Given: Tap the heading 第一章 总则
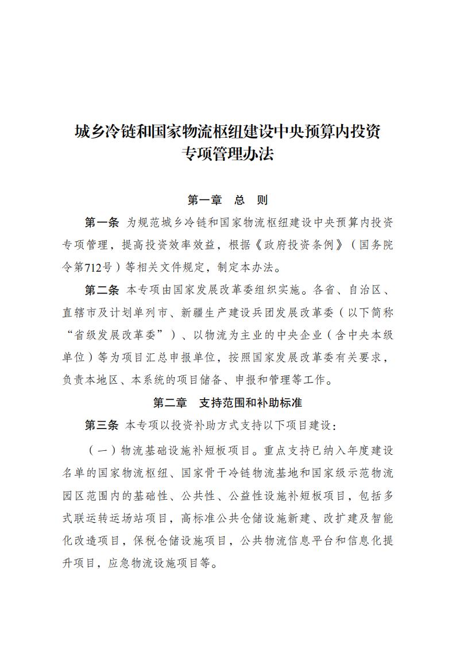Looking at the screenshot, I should pyautogui.click(x=227, y=200).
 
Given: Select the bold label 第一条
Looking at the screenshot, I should pyautogui.click(x=102, y=222).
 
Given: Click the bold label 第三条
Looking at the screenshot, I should pyautogui.click(x=102, y=425).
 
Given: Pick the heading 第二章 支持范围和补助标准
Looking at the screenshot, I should pyautogui.click(x=227, y=403).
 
